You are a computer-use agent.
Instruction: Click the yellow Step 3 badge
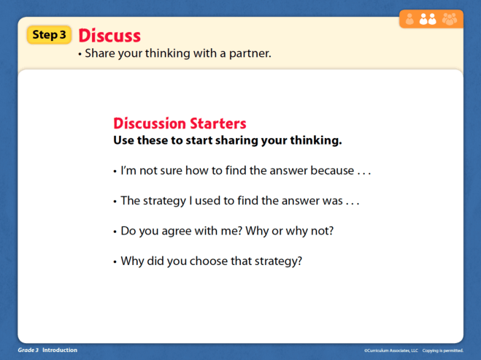50,34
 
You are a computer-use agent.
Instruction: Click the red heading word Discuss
109,35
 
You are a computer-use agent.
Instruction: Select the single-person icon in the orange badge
409,20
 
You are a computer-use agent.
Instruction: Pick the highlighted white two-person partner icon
428,20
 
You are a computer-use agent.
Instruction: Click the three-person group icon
449,20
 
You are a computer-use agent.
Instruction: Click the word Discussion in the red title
149,123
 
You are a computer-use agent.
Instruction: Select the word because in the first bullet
331,171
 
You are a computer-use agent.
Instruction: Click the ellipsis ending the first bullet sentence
363,172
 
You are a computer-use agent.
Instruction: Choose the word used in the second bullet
203,200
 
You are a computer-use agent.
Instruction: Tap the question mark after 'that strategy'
299,260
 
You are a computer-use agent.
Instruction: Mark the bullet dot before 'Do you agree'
115,231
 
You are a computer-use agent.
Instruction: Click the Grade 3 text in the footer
28,351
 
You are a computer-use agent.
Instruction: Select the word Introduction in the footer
59,351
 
